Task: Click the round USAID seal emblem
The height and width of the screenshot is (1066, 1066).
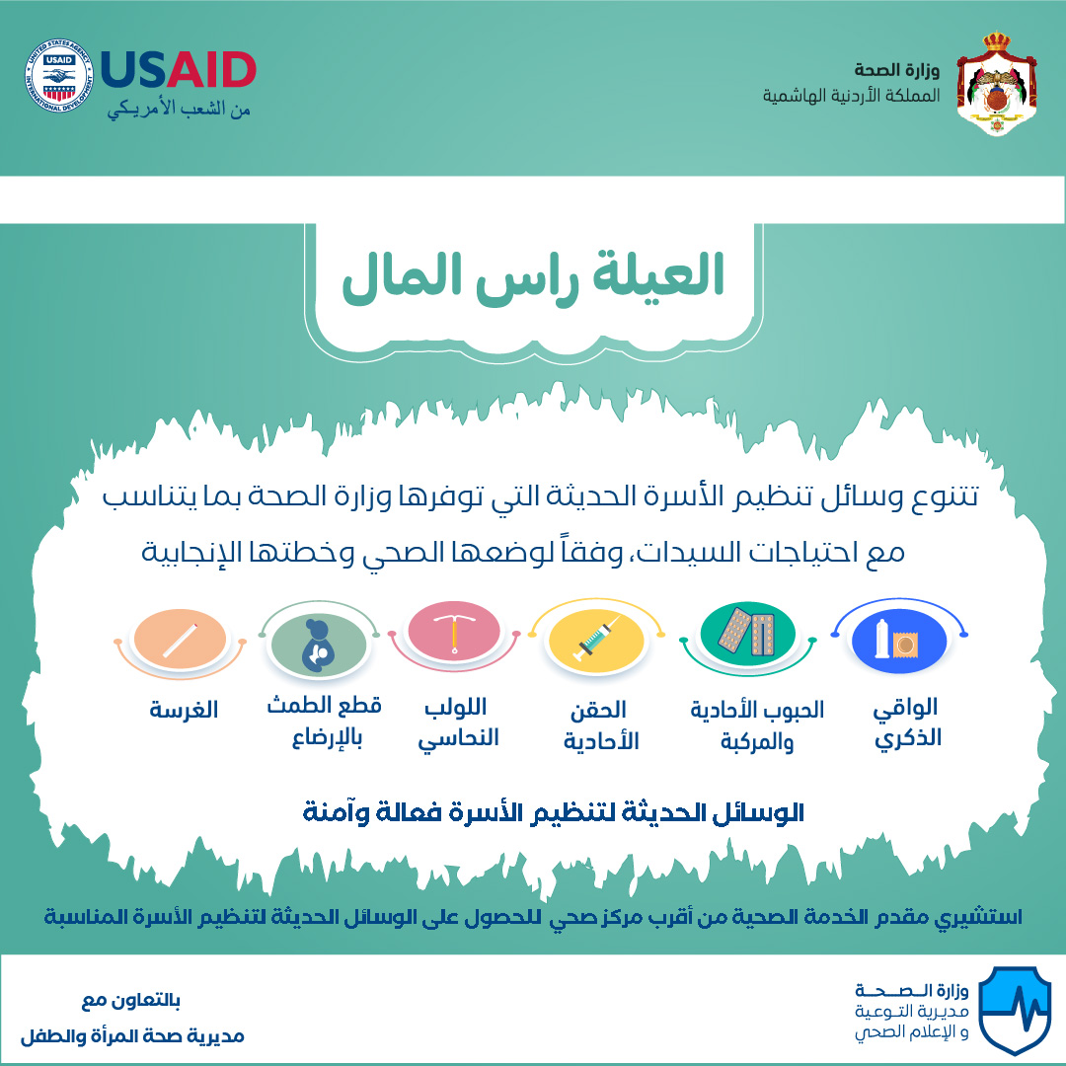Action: pyautogui.click(x=58, y=75)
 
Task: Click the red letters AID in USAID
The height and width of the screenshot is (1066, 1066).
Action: pyautogui.click(x=211, y=70)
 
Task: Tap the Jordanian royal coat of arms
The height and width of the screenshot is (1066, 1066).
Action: pyautogui.click(x=996, y=84)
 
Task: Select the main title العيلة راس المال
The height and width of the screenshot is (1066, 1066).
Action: pyautogui.click(x=533, y=277)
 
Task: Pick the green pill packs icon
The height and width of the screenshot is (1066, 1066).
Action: pyautogui.click(x=747, y=635)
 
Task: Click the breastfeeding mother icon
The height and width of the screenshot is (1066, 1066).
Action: pyautogui.click(x=318, y=643)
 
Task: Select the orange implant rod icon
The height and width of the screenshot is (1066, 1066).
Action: pyautogui.click(x=181, y=639)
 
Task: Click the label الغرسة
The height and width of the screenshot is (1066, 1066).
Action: pyautogui.click(x=184, y=709)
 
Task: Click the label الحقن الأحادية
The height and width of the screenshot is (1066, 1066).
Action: pyautogui.click(x=601, y=724)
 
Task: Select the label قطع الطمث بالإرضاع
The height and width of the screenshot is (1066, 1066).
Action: pyautogui.click(x=325, y=722)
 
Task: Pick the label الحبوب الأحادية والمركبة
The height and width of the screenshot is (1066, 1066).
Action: pyautogui.click(x=757, y=724)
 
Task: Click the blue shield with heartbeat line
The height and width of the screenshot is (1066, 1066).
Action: pyautogui.click(x=1015, y=1010)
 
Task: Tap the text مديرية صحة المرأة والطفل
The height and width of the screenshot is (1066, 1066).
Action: pyautogui.click(x=132, y=1036)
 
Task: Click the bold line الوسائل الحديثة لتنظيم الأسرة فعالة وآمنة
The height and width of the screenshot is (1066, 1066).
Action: pyautogui.click(x=554, y=812)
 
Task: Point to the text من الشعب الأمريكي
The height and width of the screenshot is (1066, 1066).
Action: pyautogui.click(x=179, y=109)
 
